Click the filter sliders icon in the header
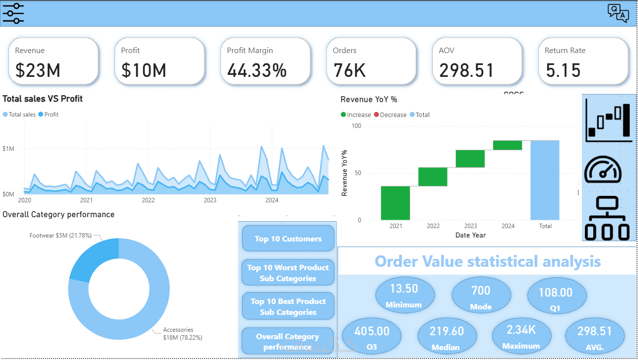tap(13, 13)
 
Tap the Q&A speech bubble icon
tap(618, 13)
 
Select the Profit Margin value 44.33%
tap(257, 70)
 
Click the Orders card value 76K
tap(349, 70)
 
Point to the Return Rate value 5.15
tap(563, 70)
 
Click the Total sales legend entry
tap(19, 115)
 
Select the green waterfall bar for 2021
tap(395, 203)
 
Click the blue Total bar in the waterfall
tap(545, 180)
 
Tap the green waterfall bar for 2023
tap(470, 159)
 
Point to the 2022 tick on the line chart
tap(148, 200)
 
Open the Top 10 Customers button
tap(288, 239)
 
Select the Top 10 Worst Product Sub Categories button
tap(288, 273)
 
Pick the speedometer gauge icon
tap(603, 170)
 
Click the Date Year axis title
tap(470, 235)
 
